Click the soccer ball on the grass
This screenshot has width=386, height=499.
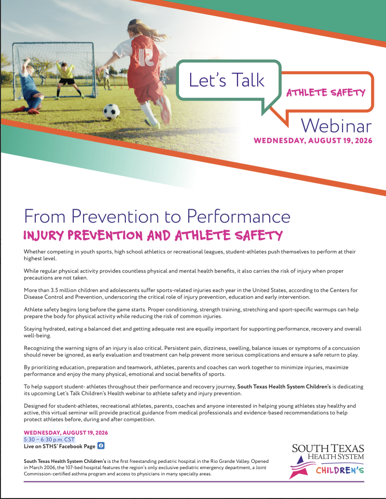click(x=111, y=112)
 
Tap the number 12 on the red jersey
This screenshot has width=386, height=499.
click(x=145, y=57)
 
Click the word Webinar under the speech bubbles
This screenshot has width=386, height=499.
click(x=336, y=126)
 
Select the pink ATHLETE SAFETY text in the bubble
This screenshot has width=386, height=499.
click(x=326, y=92)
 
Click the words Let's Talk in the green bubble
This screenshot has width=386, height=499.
click(x=227, y=79)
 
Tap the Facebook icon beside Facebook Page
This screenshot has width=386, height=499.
click(x=101, y=446)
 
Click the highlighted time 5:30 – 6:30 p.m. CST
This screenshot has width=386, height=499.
click(x=49, y=439)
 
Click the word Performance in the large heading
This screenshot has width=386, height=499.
click(x=238, y=216)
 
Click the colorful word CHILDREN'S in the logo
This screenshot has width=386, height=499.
click(x=340, y=470)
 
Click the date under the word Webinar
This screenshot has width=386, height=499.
click(x=313, y=140)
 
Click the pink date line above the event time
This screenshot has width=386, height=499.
click(x=66, y=433)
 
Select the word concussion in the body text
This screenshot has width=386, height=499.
click(x=345, y=348)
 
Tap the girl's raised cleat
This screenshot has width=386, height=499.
click(x=165, y=109)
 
